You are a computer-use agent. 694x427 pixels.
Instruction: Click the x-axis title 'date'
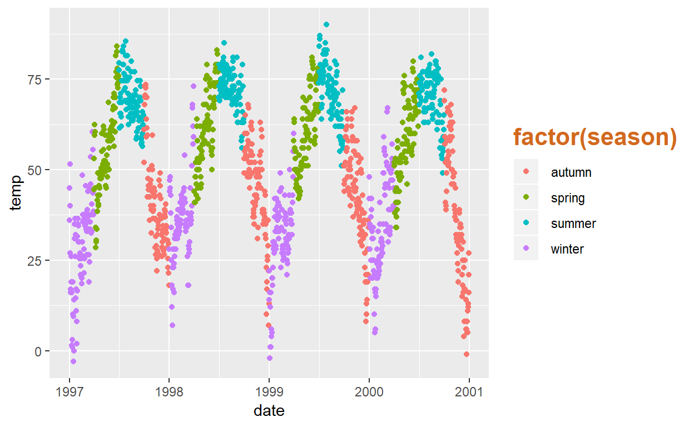click(269, 411)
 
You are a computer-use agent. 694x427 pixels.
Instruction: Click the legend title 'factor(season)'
click(594, 137)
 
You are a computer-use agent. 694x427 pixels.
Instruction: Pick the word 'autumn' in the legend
click(571, 172)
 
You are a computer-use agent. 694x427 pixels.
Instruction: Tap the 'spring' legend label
click(568, 198)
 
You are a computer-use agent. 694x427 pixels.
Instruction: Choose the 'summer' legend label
click(573, 224)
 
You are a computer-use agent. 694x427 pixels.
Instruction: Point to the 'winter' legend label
click(567, 249)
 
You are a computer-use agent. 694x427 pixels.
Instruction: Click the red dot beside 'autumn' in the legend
click(526, 172)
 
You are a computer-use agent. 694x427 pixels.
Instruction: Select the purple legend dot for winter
click(526, 249)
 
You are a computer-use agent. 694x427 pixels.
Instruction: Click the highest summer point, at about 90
click(326, 24)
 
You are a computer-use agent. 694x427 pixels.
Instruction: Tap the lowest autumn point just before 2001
click(467, 354)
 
